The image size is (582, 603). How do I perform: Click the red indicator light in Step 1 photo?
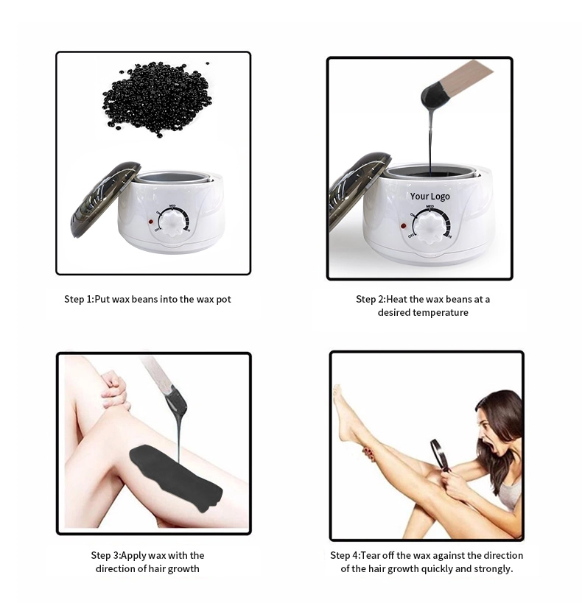(150, 221)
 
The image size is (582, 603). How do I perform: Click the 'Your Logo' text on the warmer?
(430, 197)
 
